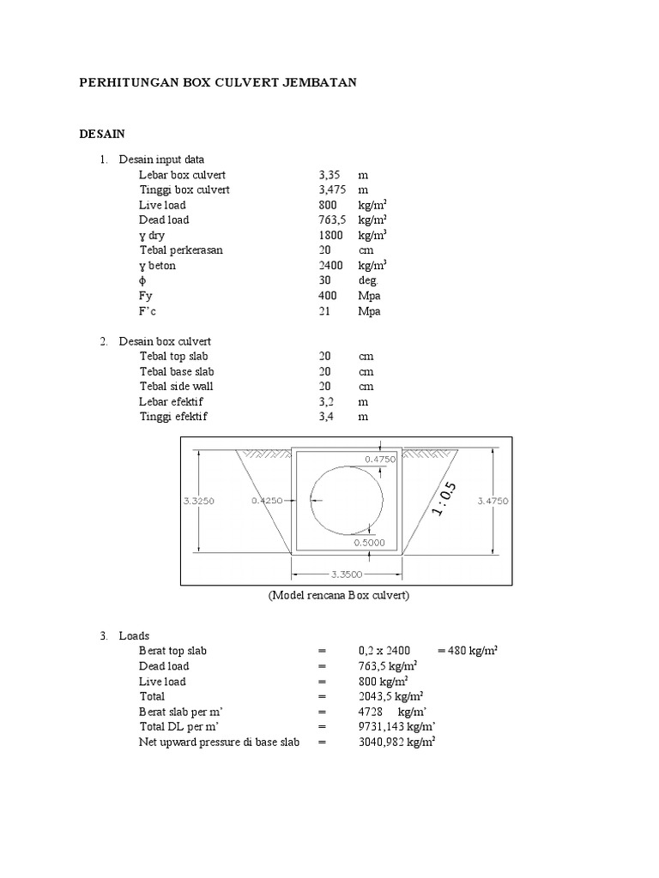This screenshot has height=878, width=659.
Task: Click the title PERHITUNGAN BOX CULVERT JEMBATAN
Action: click(x=217, y=82)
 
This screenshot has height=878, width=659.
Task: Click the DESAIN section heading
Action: click(x=102, y=134)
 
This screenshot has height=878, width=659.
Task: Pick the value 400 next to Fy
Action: click(x=328, y=297)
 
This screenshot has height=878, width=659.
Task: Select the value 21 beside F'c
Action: click(x=324, y=312)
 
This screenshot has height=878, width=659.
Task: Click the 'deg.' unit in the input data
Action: click(x=369, y=281)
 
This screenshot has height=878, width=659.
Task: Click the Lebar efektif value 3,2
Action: click(x=326, y=401)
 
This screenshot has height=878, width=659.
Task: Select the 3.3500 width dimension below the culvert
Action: click(x=347, y=574)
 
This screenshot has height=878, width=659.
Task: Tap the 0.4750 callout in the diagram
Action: click(x=379, y=460)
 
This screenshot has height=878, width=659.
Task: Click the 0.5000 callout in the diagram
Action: click(x=370, y=542)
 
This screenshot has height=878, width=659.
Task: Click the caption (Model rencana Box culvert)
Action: click(x=338, y=596)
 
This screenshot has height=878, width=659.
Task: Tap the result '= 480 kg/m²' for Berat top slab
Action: click(x=468, y=651)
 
